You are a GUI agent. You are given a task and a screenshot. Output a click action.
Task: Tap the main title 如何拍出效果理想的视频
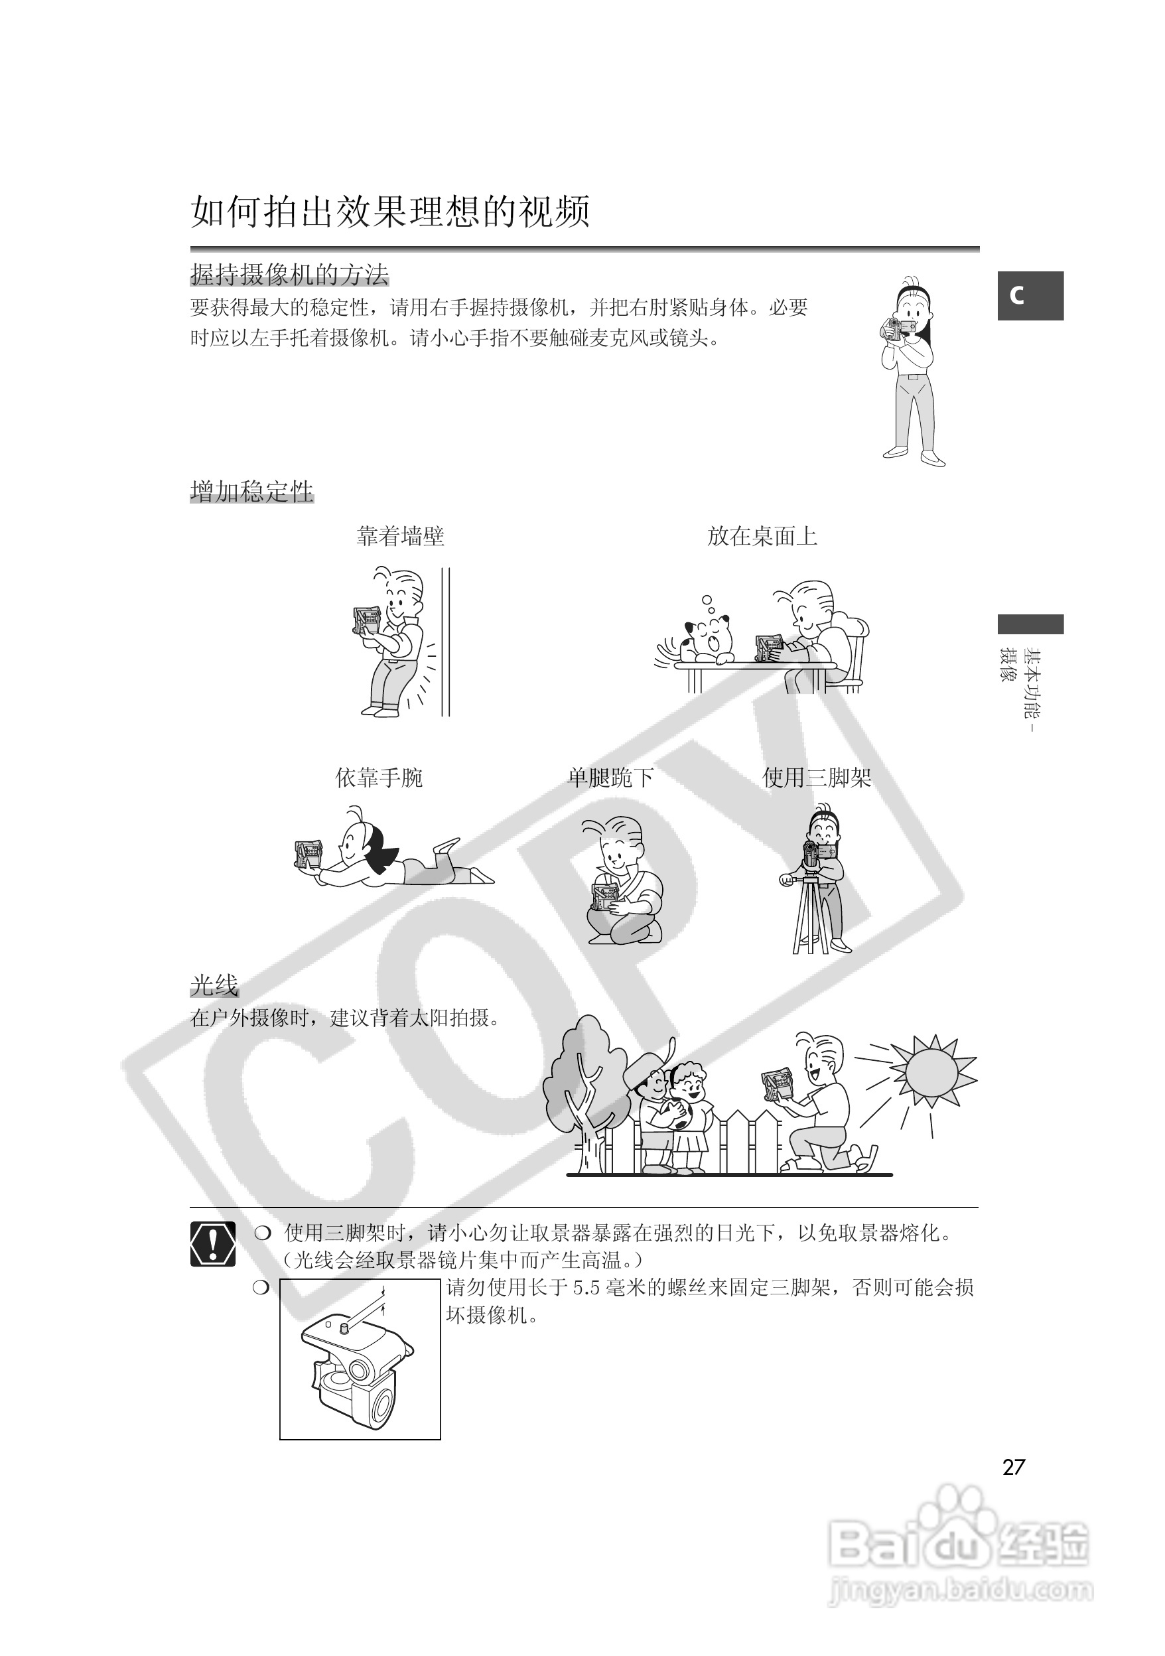point(390,212)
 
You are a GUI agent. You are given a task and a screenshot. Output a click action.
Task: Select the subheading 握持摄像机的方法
point(289,275)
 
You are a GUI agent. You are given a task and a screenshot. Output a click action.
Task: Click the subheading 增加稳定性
point(251,492)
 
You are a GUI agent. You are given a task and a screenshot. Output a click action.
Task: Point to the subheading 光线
point(214,985)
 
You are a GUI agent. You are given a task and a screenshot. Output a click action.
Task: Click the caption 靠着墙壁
point(400,537)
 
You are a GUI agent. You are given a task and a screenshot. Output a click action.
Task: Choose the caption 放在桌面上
point(762,537)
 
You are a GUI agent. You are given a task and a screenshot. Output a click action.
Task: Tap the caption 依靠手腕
point(379,778)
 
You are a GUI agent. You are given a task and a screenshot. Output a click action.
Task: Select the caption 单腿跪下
point(610,778)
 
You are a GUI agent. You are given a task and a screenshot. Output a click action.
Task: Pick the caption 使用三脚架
point(817,778)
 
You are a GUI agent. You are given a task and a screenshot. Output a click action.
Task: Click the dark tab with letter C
point(1030,296)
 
